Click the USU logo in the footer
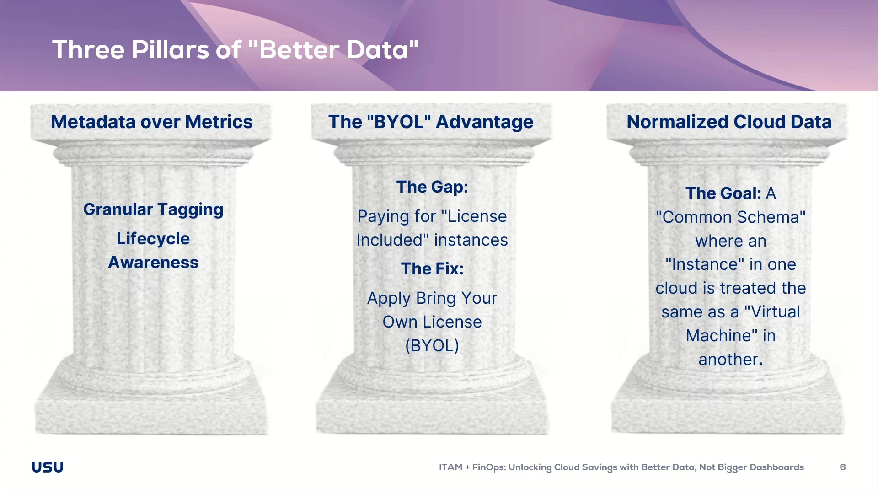pyautogui.click(x=48, y=467)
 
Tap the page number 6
pyautogui.click(x=842, y=467)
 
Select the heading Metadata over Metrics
pyautogui.click(x=152, y=122)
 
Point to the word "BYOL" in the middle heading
pyautogui.click(x=399, y=122)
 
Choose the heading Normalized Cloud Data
pyautogui.click(x=729, y=122)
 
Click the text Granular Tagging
pyautogui.click(x=153, y=209)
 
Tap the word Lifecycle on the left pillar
pyautogui.click(x=153, y=239)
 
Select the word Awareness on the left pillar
pyautogui.click(x=153, y=263)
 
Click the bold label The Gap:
pyautogui.click(x=432, y=187)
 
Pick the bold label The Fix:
pyautogui.click(x=432, y=269)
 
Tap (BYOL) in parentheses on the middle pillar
pyautogui.click(x=432, y=346)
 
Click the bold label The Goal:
pyautogui.click(x=723, y=193)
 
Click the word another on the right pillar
pyautogui.click(x=728, y=360)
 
